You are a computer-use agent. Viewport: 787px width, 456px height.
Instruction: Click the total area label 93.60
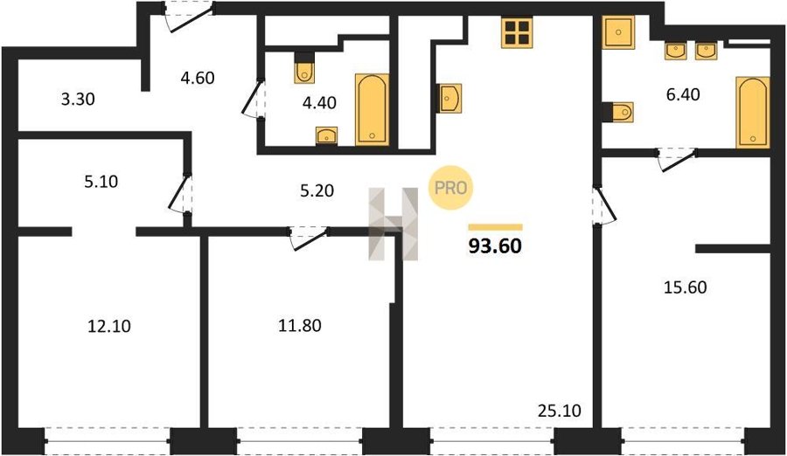pos(495,245)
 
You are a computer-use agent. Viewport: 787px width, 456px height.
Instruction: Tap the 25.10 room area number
pos(559,411)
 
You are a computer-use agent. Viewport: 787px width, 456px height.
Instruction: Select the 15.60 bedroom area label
pos(685,287)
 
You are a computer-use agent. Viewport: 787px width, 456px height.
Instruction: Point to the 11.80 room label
pos(300,326)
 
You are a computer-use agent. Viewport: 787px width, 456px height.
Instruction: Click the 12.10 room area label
pos(109,326)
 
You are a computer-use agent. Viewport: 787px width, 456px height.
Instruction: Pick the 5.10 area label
pos(101,181)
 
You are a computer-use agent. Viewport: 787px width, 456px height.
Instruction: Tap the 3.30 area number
pos(78,100)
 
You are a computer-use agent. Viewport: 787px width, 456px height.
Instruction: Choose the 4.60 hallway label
pos(198,79)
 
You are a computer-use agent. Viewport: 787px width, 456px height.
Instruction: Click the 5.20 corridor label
pos(317,190)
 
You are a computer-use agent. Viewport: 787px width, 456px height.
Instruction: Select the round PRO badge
pos(450,188)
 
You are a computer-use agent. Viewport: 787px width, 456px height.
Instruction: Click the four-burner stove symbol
pos(516,33)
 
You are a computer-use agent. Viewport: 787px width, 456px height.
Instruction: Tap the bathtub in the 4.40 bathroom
pos(372,110)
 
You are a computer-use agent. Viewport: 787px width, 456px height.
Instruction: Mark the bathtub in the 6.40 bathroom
pos(752,113)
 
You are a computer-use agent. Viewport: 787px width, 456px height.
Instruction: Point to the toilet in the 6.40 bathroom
pos(618,112)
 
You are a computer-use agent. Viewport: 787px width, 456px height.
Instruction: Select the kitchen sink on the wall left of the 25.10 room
pos(449,99)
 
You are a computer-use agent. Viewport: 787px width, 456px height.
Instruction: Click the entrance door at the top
pos(189,16)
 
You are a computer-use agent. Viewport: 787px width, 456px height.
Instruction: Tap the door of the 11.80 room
pos(309,238)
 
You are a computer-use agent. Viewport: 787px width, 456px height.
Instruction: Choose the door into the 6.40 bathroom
pos(677,159)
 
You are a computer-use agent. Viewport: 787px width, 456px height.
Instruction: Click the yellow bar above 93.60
pos(496,227)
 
